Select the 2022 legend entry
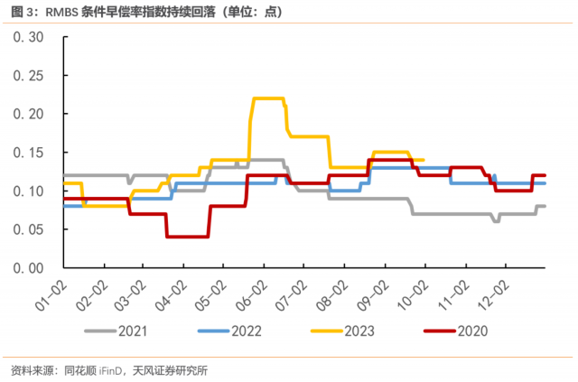click(x=244, y=331)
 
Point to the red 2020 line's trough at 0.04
click(x=187, y=237)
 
